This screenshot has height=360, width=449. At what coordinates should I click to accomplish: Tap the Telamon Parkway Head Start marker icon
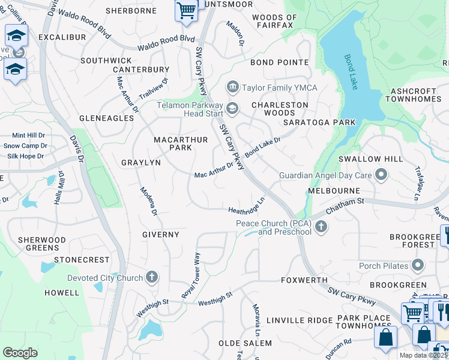pos(232,108)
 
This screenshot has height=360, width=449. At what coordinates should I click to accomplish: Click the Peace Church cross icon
pos(321,227)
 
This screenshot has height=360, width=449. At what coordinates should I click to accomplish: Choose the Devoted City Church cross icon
pos(152,277)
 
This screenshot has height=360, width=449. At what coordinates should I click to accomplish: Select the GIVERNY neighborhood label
pos(160,235)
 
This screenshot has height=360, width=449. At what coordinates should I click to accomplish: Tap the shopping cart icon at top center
pos(186,10)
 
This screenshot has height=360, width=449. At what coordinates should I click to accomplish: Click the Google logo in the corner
pos(20,353)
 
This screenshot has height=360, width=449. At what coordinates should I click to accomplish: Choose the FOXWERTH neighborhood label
pos(304,280)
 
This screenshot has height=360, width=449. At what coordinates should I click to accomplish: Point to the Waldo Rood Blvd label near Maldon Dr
pos(166,42)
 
